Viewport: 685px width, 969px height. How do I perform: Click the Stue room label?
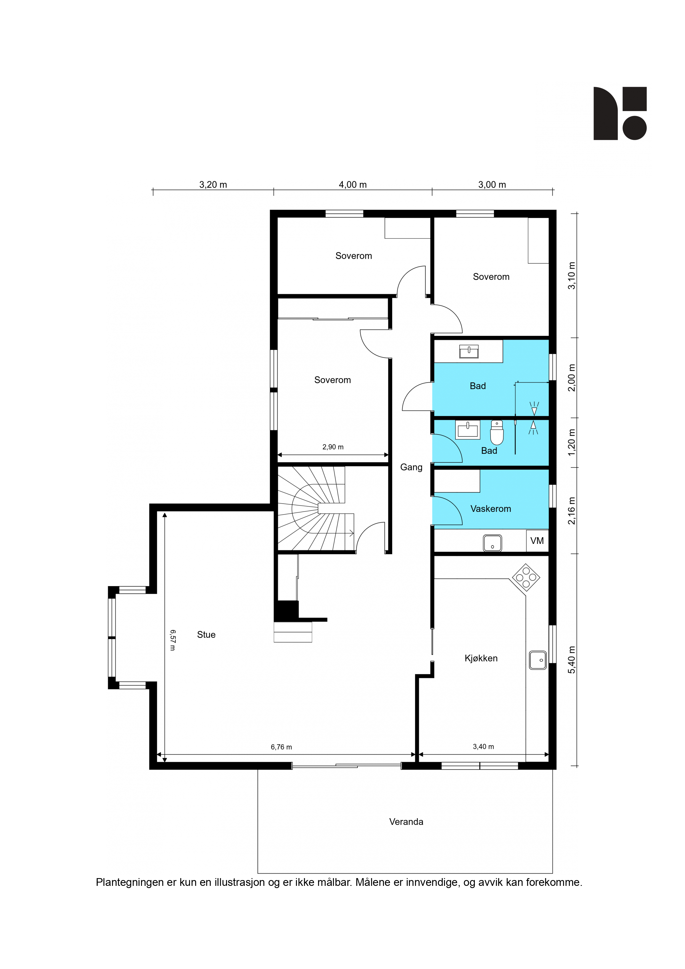206,635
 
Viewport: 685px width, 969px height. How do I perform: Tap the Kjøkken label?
481,658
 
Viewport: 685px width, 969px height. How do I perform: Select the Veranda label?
406,822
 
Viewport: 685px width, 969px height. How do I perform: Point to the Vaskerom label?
491,509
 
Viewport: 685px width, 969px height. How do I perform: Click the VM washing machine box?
537,541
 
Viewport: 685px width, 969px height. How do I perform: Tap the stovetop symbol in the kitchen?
526,577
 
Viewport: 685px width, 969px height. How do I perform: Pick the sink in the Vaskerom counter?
492,543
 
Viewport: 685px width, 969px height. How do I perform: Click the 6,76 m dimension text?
281,747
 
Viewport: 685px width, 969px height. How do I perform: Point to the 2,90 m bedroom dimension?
333,447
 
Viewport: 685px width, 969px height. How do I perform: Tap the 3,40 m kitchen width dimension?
483,747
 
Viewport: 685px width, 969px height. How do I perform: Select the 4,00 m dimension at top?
353,185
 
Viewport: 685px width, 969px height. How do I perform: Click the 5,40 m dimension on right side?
571,660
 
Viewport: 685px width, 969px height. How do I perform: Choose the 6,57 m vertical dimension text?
173,640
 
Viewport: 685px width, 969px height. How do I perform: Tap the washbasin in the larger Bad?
469,352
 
